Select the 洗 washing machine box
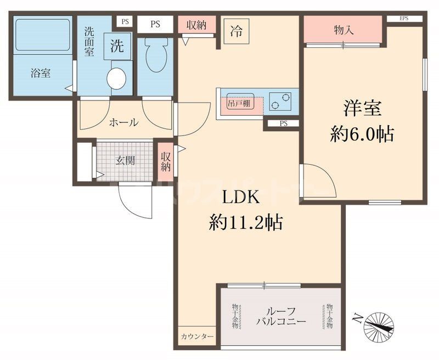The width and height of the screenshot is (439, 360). (117, 47)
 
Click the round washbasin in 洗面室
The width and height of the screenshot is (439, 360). (116, 78)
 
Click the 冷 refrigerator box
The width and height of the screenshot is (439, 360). (236, 29)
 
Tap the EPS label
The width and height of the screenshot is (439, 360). (404, 19)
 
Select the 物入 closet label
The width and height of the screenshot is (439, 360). (344, 31)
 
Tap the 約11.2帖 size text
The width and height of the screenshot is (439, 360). (245, 222)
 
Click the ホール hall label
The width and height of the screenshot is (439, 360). (123, 122)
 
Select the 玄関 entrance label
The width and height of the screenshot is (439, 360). (125, 161)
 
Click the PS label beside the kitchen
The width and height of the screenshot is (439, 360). (283, 123)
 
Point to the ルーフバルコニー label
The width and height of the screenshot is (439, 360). (280, 317)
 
